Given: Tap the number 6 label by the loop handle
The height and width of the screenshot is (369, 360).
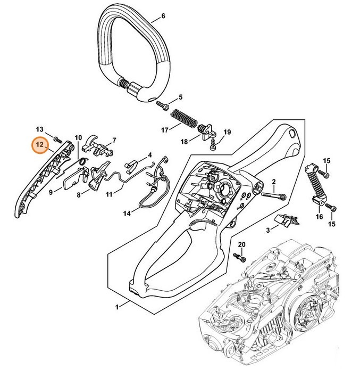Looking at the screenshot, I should tap(163, 16).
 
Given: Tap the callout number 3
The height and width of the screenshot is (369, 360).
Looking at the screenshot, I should tap(269, 229).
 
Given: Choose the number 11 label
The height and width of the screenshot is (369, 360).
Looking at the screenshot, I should tap(108, 194).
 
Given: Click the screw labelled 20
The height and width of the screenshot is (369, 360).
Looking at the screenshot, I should tap(241, 258).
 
